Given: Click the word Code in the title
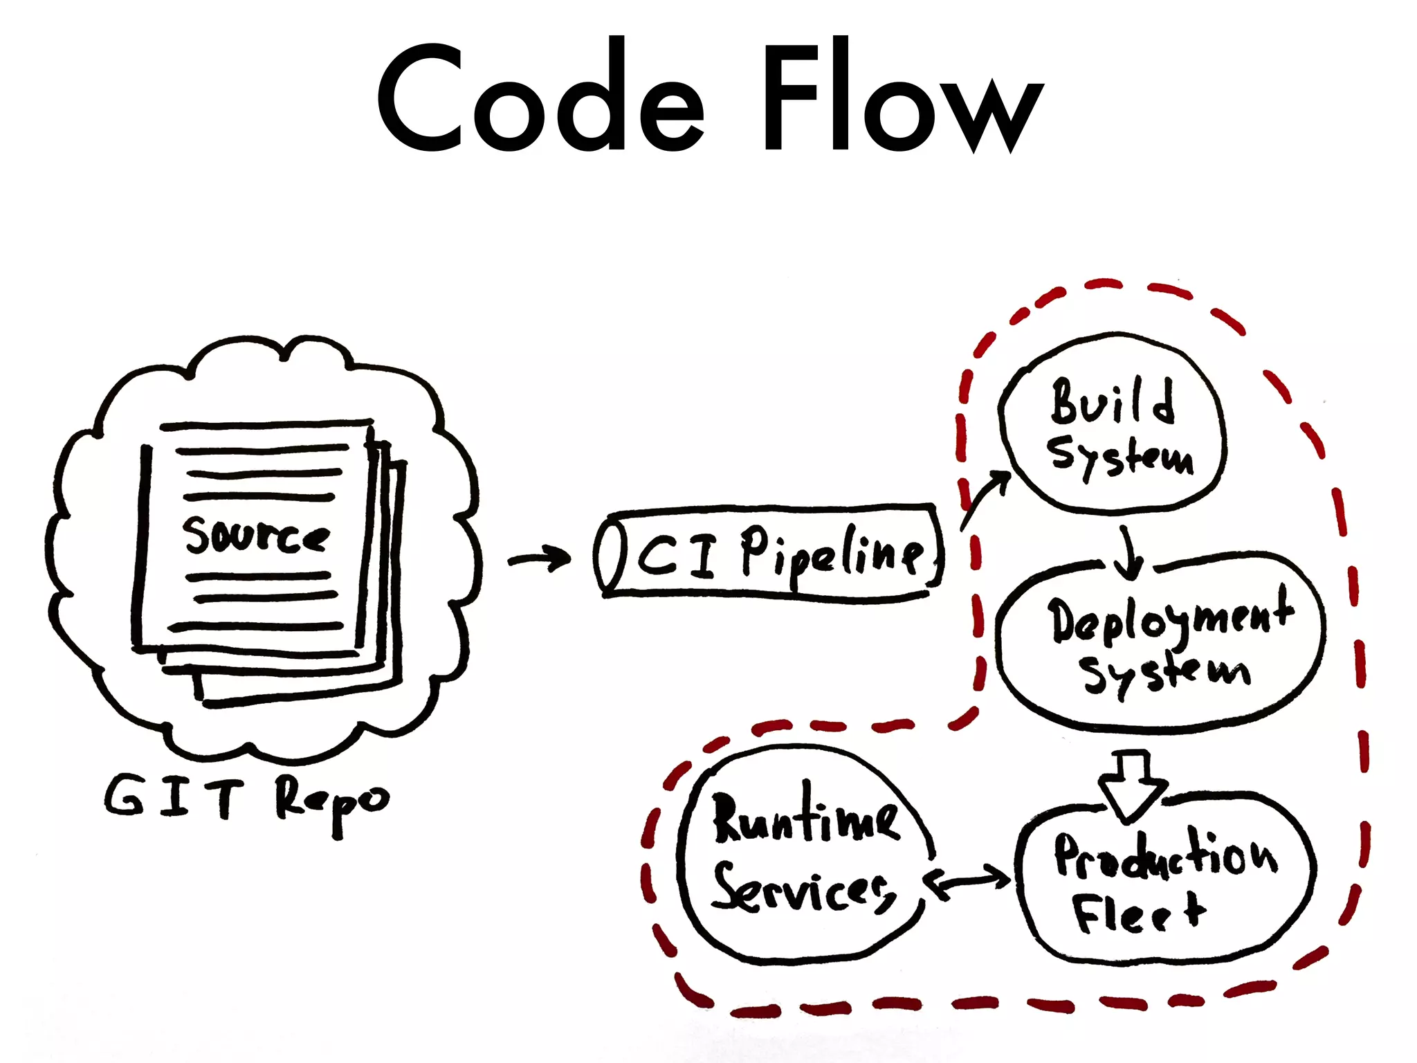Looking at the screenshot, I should click(x=540, y=97).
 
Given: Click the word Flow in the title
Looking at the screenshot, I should click(x=899, y=97).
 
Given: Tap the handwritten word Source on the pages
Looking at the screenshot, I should click(x=256, y=536).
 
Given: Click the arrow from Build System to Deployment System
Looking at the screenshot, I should click(x=1128, y=554).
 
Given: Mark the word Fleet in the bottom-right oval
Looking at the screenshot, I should click(x=1139, y=912).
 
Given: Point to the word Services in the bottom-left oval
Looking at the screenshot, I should click(x=803, y=889).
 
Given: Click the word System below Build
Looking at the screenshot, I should click(x=1121, y=457).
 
